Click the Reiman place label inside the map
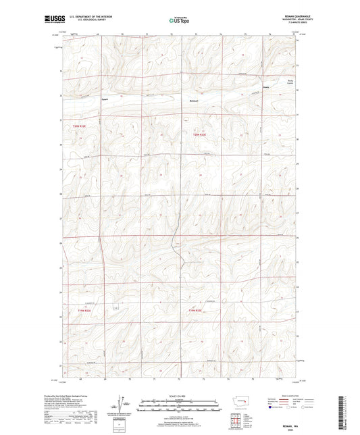tap(194, 101)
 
